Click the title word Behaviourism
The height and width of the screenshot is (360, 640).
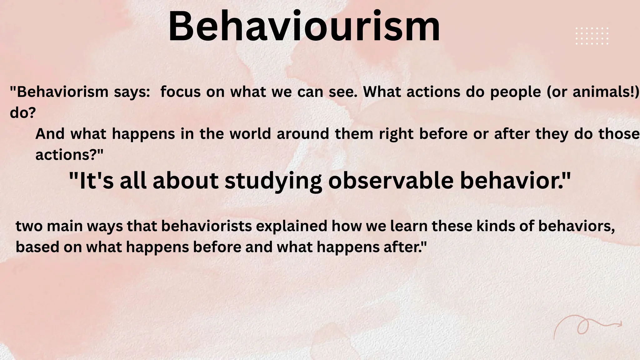click(304, 27)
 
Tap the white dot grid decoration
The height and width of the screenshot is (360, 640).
click(592, 36)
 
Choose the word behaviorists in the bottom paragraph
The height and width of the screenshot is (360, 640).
click(207, 226)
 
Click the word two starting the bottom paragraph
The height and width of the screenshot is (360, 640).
click(29, 226)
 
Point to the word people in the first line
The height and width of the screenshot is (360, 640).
click(515, 92)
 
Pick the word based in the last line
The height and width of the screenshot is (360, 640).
click(37, 247)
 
